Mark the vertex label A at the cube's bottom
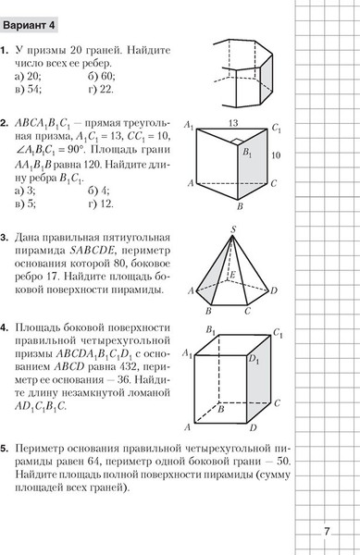[187, 427]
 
